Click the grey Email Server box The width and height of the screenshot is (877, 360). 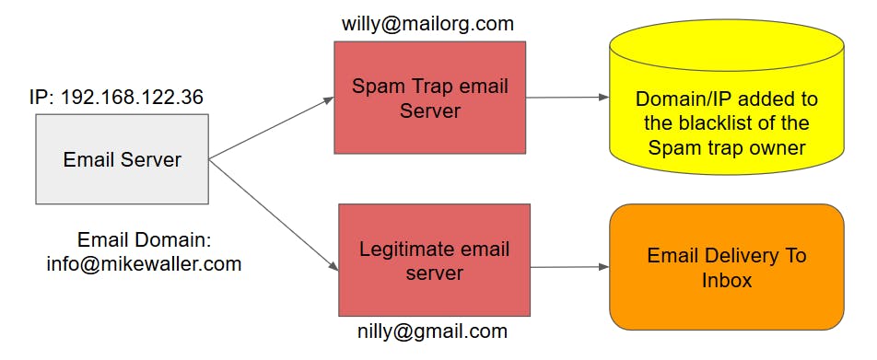coord(122,158)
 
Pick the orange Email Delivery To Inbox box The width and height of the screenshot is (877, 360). coord(726,266)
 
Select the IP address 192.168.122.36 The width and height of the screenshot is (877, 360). coord(132,97)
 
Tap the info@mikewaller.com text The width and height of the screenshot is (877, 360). coord(144,264)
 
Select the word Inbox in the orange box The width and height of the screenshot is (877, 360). coord(726,280)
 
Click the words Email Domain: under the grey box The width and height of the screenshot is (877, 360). coord(144,240)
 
